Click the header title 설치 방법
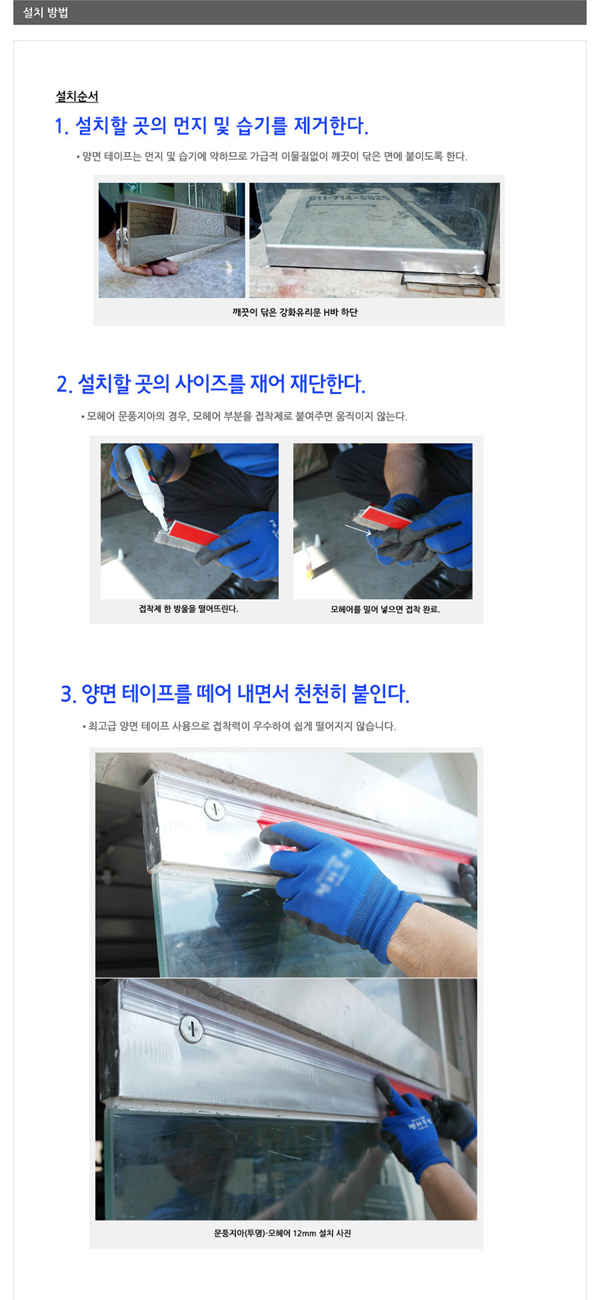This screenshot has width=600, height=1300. point(45,13)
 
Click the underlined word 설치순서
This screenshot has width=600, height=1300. point(77,96)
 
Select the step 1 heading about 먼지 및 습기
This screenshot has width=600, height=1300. point(211,126)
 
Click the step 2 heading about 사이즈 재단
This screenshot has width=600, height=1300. point(211,384)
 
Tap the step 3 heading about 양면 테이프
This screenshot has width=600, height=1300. point(234,693)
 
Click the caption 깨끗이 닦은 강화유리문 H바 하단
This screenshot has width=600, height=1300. point(294,312)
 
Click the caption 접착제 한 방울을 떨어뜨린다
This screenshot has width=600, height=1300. point(188,609)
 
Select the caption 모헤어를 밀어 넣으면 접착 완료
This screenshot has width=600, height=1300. point(384,609)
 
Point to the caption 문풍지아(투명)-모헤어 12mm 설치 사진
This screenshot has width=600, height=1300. point(282,1233)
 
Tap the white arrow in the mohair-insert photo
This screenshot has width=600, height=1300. point(358,530)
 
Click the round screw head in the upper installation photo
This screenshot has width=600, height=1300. point(215,810)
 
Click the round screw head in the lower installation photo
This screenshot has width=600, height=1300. point(190,1028)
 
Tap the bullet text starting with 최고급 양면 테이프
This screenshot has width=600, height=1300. point(241,726)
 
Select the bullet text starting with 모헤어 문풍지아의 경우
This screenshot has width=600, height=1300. point(246,416)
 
